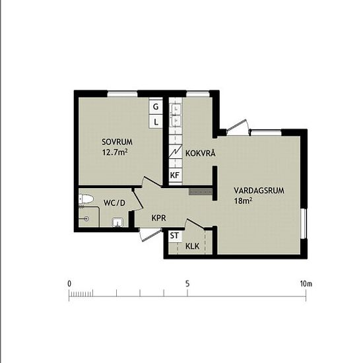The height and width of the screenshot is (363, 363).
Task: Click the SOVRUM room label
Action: pyautogui.click(x=117, y=142)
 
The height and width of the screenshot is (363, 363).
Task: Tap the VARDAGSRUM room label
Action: pyautogui.click(x=259, y=191)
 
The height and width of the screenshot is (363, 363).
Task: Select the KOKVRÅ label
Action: pyautogui.click(x=201, y=153)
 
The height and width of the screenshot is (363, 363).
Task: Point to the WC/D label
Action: pyautogui.click(x=114, y=203)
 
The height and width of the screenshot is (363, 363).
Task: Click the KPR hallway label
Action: pyautogui.click(x=159, y=218)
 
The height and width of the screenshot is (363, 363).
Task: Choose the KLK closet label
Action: pyautogui.click(x=192, y=246)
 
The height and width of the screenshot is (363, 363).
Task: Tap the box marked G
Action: pyautogui.click(x=156, y=107)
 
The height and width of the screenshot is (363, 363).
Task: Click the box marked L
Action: pyautogui.click(x=156, y=121)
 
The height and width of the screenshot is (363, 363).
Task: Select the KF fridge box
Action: pyautogui.click(x=175, y=176)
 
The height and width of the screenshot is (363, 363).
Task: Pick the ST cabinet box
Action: pyautogui.click(x=175, y=236)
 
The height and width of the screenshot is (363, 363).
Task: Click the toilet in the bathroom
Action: pyautogui.click(x=85, y=199)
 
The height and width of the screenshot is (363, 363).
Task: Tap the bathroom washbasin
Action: pyautogui.click(x=117, y=222)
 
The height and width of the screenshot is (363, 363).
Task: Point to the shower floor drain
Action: pyautogui.click(x=86, y=218)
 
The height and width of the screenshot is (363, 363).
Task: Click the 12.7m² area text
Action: pyautogui.click(x=115, y=152)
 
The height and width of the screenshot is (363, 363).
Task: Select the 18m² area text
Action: pyautogui.click(x=243, y=201)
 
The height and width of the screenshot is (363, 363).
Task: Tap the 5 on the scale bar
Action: pyautogui.click(x=187, y=284)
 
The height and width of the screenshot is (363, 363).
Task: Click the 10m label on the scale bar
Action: pyautogui.click(x=306, y=284)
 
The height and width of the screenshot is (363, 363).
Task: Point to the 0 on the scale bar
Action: pyautogui.click(x=69, y=284)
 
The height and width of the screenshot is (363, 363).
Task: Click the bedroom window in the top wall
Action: pyautogui.click(x=122, y=94)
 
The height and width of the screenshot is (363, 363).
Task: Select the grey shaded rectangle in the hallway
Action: pyautogui.click(x=201, y=191)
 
